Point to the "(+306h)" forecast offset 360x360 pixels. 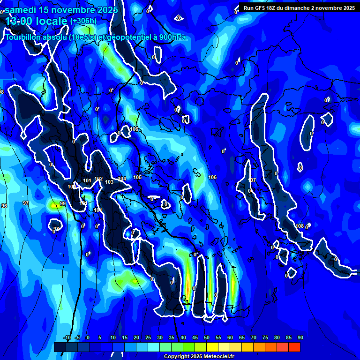(83, 21)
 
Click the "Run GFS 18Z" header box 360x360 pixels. (299, 8)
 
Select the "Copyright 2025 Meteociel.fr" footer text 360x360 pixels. (199, 357)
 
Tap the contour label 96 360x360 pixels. (4, 206)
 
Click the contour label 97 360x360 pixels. (26, 203)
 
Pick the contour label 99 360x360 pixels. (63, 204)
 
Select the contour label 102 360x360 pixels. (98, 179)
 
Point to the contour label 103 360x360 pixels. (109, 182)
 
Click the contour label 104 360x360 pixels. (122, 179)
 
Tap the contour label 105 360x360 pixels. (137, 177)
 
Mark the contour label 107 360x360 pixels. (252, 180)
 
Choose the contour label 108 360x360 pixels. (300, 226)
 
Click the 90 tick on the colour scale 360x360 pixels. (300, 337)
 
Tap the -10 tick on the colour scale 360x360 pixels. (67, 337)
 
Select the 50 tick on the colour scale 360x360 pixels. (207, 337)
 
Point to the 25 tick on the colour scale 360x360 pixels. (148, 337)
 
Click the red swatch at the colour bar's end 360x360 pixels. (294, 347)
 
